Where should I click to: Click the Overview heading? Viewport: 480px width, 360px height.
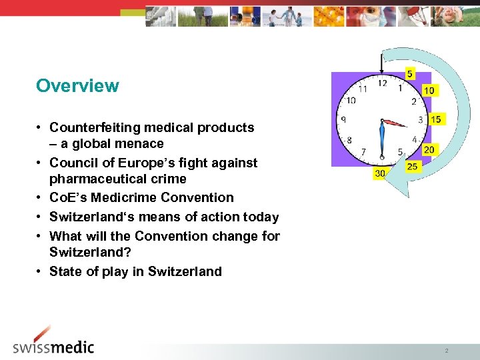point(77,86)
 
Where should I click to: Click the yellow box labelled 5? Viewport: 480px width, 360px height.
point(409,74)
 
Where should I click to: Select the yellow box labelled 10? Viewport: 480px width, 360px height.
point(429,90)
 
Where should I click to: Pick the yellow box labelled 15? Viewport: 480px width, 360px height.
point(436,119)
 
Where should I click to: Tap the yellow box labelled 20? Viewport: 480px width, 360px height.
point(429,149)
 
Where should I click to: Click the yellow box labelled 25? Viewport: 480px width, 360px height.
point(412,166)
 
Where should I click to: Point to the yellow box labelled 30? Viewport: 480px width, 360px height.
point(380,173)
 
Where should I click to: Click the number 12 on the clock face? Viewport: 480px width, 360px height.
point(382,83)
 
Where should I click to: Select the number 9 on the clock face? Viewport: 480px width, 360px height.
point(343,120)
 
